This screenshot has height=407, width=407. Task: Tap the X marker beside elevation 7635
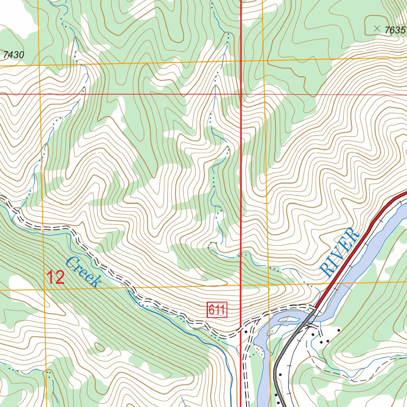point(377,28)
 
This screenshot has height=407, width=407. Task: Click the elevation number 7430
point(13,55)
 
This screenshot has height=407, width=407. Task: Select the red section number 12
point(56,277)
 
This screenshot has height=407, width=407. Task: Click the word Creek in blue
point(83,272)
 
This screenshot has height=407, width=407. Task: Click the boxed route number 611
point(217,310)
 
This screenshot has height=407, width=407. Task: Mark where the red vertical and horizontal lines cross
point(241,95)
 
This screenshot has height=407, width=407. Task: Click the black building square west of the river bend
point(246,331)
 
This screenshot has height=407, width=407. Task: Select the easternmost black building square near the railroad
point(339,330)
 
